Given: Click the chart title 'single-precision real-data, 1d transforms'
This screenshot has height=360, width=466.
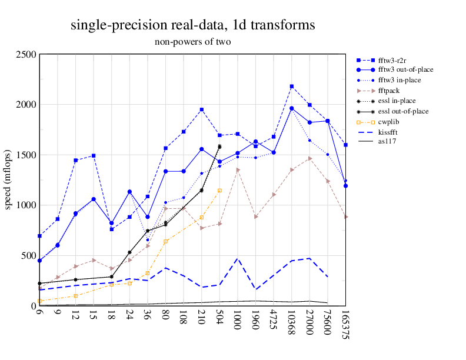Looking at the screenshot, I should (x=192, y=25).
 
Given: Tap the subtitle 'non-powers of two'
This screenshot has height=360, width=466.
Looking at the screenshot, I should (x=192, y=42).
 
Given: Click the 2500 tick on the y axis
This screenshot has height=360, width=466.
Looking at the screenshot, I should (x=25, y=55).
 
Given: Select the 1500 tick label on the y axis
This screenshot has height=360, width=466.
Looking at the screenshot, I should (x=25, y=155).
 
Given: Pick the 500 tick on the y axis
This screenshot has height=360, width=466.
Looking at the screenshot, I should (x=28, y=256).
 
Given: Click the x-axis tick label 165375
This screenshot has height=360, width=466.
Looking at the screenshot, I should (x=345, y=324).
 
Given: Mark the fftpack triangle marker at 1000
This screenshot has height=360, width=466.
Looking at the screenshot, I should (x=238, y=170).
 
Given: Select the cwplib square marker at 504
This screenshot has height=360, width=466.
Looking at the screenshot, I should (x=219, y=191).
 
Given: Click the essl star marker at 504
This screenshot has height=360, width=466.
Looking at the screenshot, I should (x=219, y=146).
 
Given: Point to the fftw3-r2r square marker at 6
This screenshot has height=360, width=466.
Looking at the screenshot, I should (x=39, y=236).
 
